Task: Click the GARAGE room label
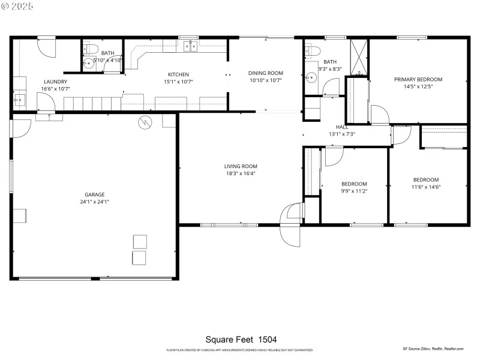(x=95, y=194)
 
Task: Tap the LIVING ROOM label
(x=241, y=166)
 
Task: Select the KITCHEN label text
(x=178, y=74)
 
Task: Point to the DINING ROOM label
(x=266, y=73)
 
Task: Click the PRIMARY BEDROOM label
(x=418, y=79)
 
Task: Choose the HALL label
(x=342, y=127)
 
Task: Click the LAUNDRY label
(x=55, y=82)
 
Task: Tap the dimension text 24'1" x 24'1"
(x=95, y=202)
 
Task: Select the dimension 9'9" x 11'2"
(x=354, y=191)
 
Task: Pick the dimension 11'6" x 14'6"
(x=426, y=187)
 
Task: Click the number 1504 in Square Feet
(x=267, y=340)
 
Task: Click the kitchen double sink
(x=191, y=46)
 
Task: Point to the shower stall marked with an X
(x=358, y=56)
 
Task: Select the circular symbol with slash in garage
(x=146, y=122)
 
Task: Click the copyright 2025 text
(x=18, y=6)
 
